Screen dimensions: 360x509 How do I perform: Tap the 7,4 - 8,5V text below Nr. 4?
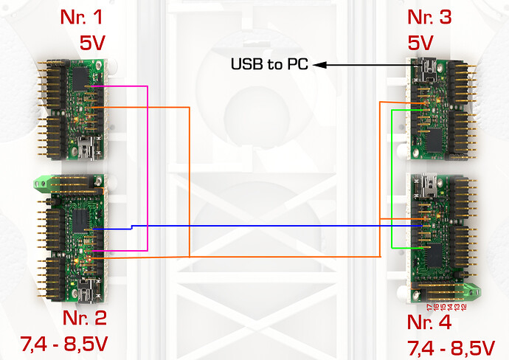coord(450,347)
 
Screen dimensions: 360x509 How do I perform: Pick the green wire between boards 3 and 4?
coord(391,177)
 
